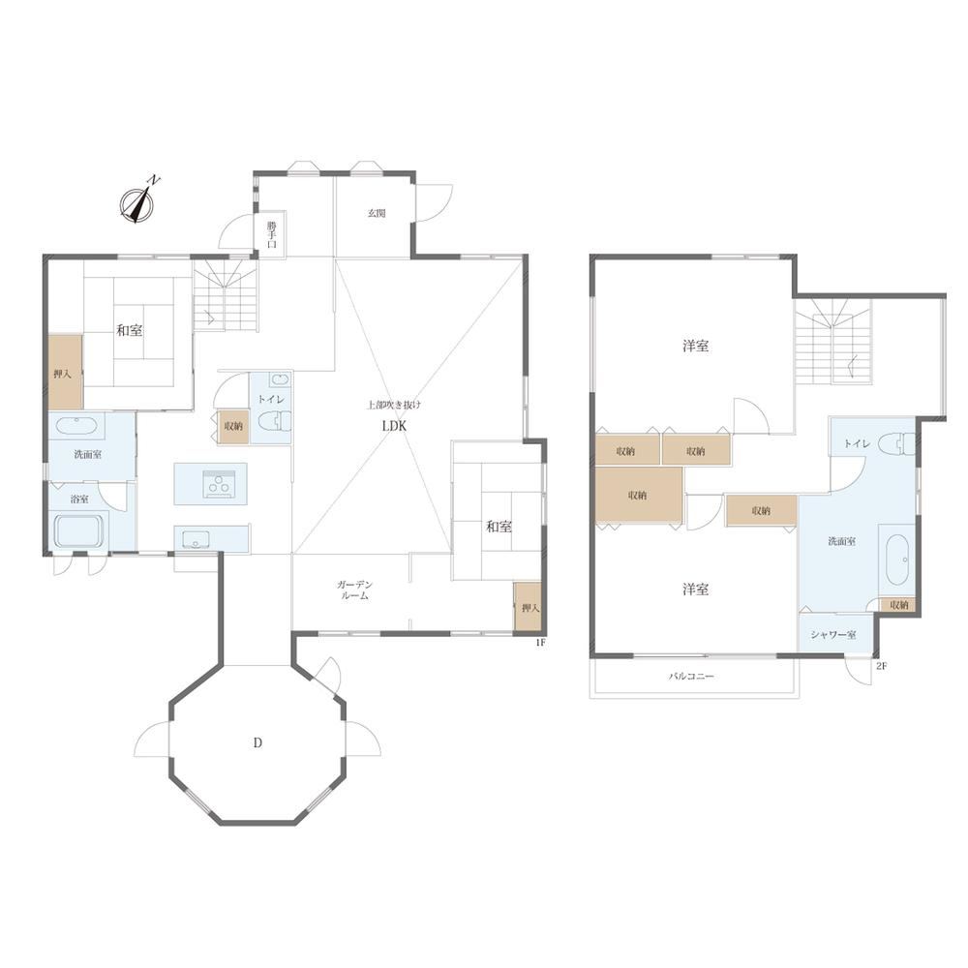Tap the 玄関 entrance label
[377, 214]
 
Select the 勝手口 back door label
[272, 234]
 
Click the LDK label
[395, 426]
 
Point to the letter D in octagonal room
[257, 742]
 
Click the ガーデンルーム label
[354, 590]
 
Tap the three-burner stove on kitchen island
[218, 483]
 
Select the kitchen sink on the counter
[197, 538]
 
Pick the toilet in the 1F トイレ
[275, 422]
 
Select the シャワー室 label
[833, 635]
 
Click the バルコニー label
[691, 676]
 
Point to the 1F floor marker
[540, 643]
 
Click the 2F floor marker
[881, 666]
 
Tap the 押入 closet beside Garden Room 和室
[529, 607]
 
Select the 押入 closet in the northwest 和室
[66, 372]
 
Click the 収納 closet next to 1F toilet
[233, 426]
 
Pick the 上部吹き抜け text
[394, 405]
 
